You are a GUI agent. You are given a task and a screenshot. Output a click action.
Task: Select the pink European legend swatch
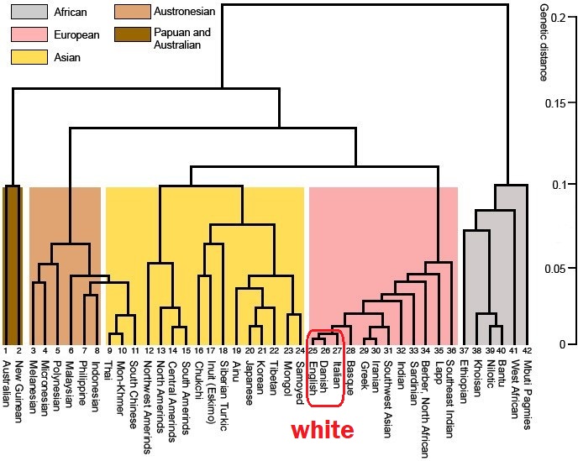27,35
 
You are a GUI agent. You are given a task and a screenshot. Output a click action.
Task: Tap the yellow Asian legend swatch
27,57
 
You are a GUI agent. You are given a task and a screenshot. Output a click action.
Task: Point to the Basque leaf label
350,373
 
